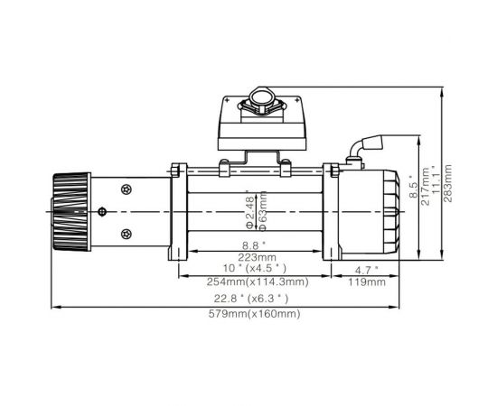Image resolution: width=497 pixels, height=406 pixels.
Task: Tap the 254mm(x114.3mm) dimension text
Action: (x=257, y=282)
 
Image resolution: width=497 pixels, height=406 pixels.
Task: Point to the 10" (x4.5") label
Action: (x=257, y=268)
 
